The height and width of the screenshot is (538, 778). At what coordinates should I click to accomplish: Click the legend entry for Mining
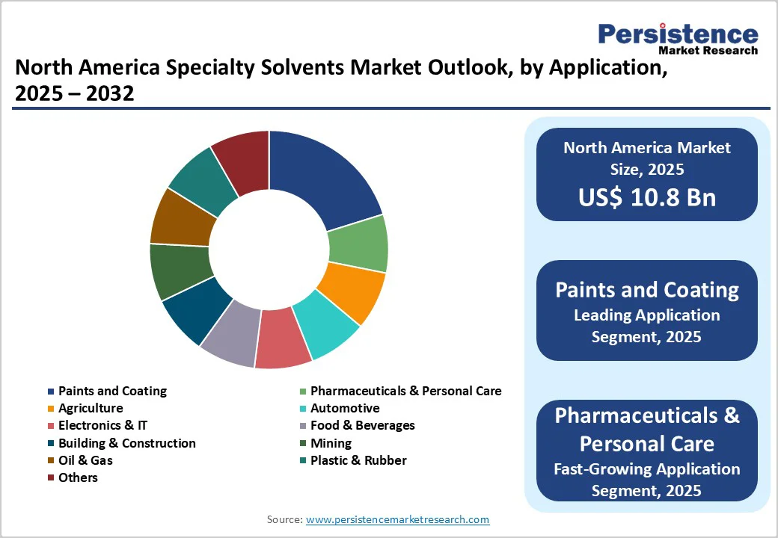(331, 443)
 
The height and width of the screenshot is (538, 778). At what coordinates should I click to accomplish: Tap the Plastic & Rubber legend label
(358, 460)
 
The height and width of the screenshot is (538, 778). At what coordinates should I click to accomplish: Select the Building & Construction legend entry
(126, 443)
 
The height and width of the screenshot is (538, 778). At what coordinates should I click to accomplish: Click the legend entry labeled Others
(78, 477)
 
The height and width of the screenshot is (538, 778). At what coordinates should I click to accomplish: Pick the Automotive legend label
(345, 408)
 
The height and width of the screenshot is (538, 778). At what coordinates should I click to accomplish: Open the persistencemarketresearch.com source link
(397, 519)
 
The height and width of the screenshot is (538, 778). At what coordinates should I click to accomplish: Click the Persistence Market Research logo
(678, 37)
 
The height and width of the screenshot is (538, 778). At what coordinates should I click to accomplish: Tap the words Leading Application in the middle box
(646, 315)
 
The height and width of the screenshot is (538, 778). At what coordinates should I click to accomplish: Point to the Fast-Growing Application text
(646, 469)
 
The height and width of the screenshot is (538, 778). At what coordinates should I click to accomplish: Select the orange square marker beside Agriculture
(51, 409)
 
